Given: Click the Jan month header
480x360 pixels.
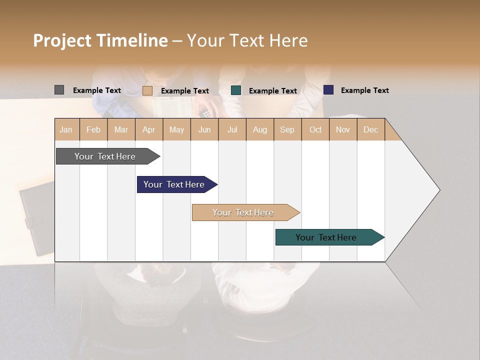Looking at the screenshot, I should click(66, 129).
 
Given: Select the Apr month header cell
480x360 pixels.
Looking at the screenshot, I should click(149, 129).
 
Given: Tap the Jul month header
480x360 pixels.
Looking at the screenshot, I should click(232, 129).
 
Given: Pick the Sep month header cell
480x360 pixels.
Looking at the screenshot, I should click(287, 129).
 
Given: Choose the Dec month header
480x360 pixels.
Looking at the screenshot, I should click(370, 129).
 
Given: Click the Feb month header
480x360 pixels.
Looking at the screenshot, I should click(93, 129).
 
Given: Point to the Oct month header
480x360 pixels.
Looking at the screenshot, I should click(315, 129).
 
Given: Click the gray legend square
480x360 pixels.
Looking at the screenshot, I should click(59, 90).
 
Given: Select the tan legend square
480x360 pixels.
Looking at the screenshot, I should click(147, 90).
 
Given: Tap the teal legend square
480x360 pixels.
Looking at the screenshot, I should click(236, 90).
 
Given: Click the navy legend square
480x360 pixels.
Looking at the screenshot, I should click(328, 90).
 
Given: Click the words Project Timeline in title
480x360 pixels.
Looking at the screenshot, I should click(100, 40).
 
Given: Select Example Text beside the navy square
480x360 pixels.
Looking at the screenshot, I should click(364, 90).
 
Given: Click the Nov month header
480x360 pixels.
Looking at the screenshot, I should click(343, 129).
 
